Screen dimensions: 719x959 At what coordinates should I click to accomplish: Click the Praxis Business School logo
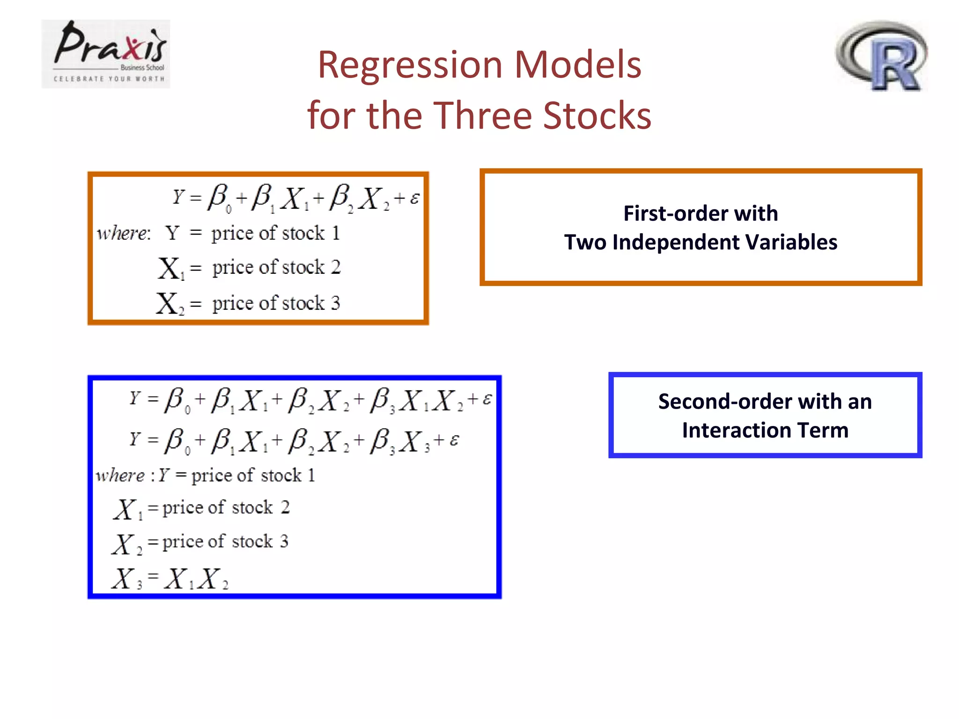pyautogui.click(x=106, y=53)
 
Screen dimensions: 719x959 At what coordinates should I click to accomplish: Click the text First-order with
pyautogui.click(x=701, y=213)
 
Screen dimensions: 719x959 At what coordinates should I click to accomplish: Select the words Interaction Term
pyautogui.click(x=765, y=430)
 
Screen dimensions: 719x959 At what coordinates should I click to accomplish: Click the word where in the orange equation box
pyautogui.click(x=123, y=233)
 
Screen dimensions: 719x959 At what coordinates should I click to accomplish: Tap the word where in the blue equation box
pyautogui.click(x=120, y=476)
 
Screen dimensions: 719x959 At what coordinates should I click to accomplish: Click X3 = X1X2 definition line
pyautogui.click(x=170, y=579)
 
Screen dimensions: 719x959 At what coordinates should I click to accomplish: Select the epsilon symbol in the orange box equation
pyautogui.click(x=414, y=198)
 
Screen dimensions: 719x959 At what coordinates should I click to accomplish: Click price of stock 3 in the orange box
pyautogui.click(x=276, y=303)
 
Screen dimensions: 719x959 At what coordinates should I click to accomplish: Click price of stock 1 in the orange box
pyautogui.click(x=275, y=233)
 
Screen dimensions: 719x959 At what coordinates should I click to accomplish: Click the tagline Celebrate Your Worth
pyautogui.click(x=109, y=79)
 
